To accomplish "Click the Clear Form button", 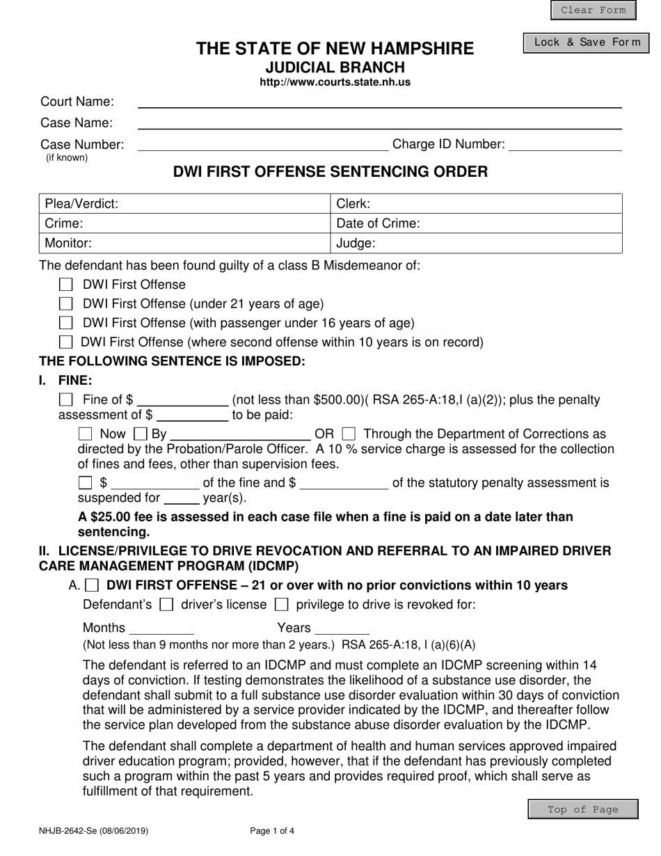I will pyautogui.click(x=593, y=10).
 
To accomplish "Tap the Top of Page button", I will pyautogui.click(x=582, y=809).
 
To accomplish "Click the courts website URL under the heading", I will pyautogui.click(x=335, y=82).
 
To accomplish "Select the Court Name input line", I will pyautogui.click(x=380, y=102).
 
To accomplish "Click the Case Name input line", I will pyautogui.click(x=380, y=123).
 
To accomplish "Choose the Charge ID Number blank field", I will pyautogui.click(x=566, y=145).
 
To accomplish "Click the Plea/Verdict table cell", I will pyautogui.click(x=184, y=204).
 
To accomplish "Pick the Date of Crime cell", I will pyautogui.click(x=476, y=223).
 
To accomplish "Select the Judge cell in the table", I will pyautogui.click(x=476, y=244).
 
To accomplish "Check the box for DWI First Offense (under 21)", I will pyautogui.click(x=66, y=304).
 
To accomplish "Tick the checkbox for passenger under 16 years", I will pyautogui.click(x=66, y=323).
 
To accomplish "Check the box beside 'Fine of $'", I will pyautogui.click(x=66, y=399).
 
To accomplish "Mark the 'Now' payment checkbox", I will pyautogui.click(x=86, y=434).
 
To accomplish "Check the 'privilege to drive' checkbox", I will pyautogui.click(x=282, y=604).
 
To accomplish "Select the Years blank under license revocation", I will pyautogui.click(x=342, y=628).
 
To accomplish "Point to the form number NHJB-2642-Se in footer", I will pyautogui.click(x=93, y=830).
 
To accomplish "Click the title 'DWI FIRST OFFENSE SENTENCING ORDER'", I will pyautogui.click(x=330, y=172).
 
